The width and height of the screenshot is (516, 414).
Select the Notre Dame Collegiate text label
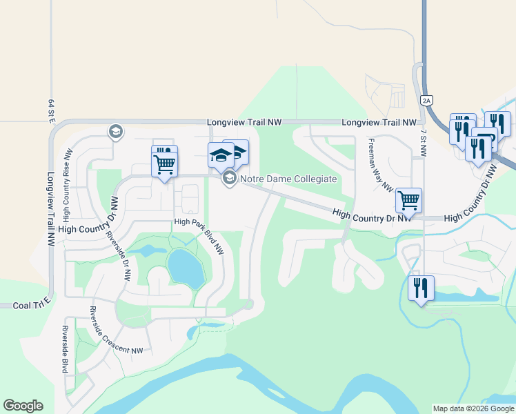288,179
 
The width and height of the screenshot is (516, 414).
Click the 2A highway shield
426,101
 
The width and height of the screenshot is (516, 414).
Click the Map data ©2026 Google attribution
473,408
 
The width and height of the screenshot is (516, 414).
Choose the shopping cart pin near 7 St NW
408,200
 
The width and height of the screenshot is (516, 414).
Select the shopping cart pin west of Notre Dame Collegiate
164,164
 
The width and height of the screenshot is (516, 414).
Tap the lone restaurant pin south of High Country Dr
421,286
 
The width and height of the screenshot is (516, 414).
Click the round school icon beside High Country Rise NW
115,131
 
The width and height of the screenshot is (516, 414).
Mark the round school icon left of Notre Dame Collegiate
228,179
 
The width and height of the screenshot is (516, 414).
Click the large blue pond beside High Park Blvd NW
185,268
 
